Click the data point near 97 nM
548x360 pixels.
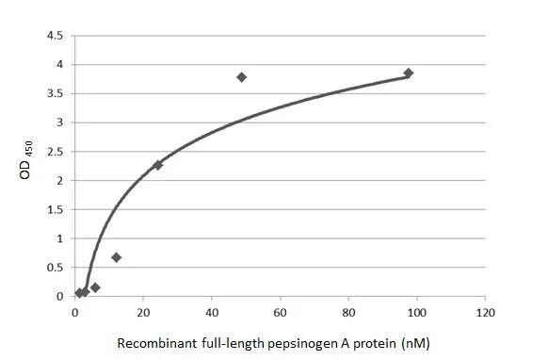click(408, 73)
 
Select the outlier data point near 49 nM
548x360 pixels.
click(242, 76)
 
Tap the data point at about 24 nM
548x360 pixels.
click(157, 165)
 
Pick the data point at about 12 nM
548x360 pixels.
click(117, 256)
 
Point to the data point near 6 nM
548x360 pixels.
click(95, 286)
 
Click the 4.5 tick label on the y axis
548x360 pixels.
click(56, 36)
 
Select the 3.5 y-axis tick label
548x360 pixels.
click(56, 93)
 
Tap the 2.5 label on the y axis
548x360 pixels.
click(56, 152)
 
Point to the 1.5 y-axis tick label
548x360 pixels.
click(56, 209)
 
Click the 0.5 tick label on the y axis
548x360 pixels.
click(56, 268)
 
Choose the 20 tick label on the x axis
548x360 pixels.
click(143, 313)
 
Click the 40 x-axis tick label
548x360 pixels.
click(212, 313)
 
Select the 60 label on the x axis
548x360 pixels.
click(281, 313)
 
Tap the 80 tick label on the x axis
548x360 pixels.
click(348, 313)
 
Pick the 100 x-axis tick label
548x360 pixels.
click(416, 313)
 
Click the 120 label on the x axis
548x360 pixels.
click(485, 313)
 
